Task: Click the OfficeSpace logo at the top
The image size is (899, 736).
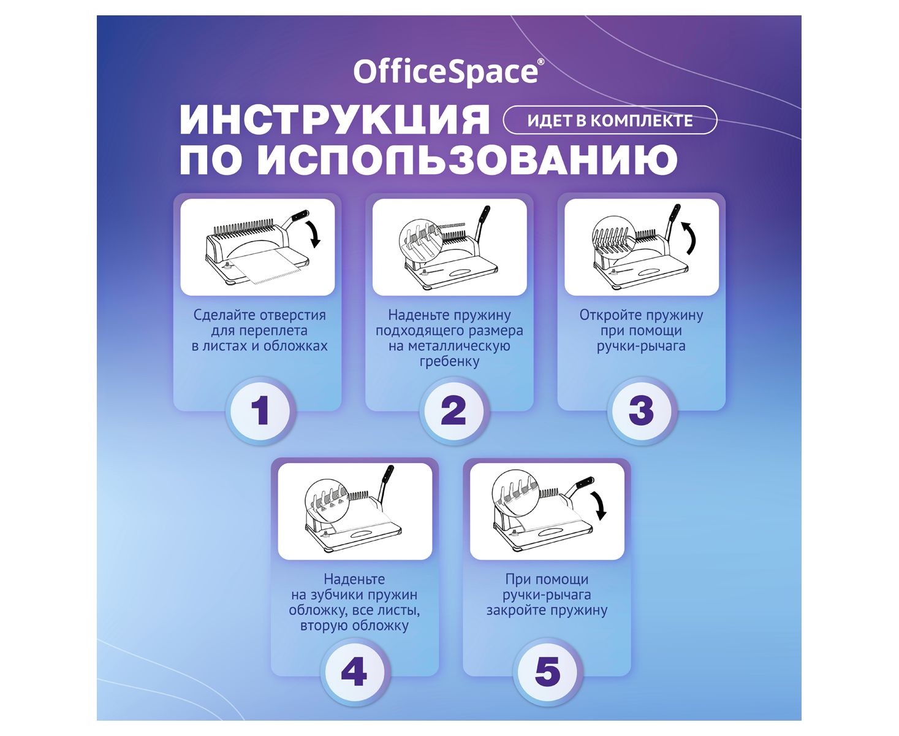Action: pos(449,72)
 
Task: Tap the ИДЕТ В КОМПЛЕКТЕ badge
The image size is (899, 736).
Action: pos(610,120)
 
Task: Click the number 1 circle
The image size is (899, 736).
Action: pos(260,410)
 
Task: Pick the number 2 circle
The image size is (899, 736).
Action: pos(453,410)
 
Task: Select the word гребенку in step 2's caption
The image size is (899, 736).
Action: pos(449,361)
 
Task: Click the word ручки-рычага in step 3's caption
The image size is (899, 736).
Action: pos(640,346)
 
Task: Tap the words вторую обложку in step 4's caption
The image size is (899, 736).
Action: pos(354,626)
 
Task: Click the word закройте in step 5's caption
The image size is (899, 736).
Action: pos(517,610)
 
